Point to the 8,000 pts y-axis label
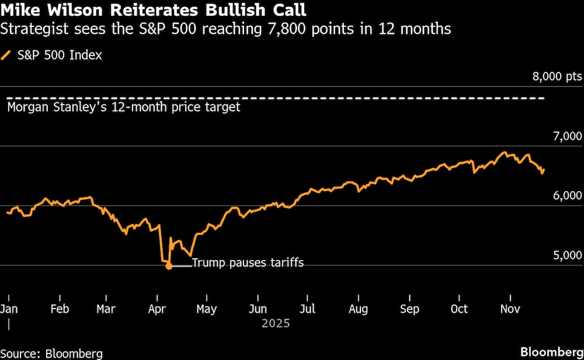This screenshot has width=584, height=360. [557, 77]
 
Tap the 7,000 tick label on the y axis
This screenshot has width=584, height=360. [566, 136]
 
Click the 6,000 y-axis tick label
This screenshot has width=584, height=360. [566, 196]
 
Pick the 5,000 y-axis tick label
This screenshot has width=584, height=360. [566, 255]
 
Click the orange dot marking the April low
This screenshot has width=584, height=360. [169, 266]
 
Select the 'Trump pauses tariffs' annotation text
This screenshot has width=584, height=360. [248, 263]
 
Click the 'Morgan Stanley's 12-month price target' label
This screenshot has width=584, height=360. [123, 108]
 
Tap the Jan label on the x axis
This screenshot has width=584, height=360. [9, 309]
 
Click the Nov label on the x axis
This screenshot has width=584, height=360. [510, 309]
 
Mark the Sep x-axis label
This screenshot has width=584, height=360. [409, 309]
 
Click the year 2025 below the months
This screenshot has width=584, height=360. [276, 323]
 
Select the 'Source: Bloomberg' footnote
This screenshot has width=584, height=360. [51, 353]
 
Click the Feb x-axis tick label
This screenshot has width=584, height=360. [60, 309]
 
